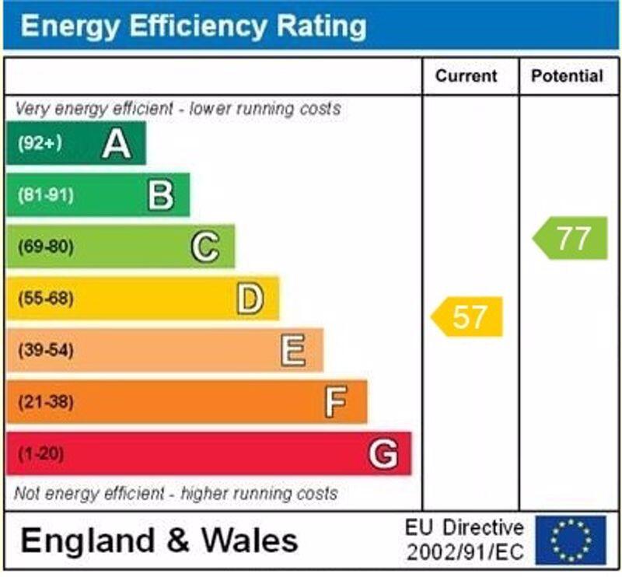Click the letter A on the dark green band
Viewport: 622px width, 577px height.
(117, 143)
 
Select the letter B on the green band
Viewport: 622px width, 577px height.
(160, 195)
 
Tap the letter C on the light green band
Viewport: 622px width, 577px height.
(205, 247)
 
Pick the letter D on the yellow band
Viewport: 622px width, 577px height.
(250, 299)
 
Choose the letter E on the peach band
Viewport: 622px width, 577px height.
(293, 351)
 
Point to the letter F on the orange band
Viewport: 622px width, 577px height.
(336, 402)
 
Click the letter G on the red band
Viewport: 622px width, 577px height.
(383, 453)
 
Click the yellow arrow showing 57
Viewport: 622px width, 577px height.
(468, 316)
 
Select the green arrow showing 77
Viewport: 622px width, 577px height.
(571, 238)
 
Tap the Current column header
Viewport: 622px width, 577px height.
(466, 76)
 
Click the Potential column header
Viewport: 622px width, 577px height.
(567, 76)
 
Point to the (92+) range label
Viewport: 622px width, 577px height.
(40, 143)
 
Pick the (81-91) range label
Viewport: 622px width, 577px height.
(45, 195)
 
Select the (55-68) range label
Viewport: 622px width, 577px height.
(45, 299)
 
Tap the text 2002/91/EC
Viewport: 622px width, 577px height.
(465, 553)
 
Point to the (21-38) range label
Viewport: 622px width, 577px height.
(45, 402)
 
